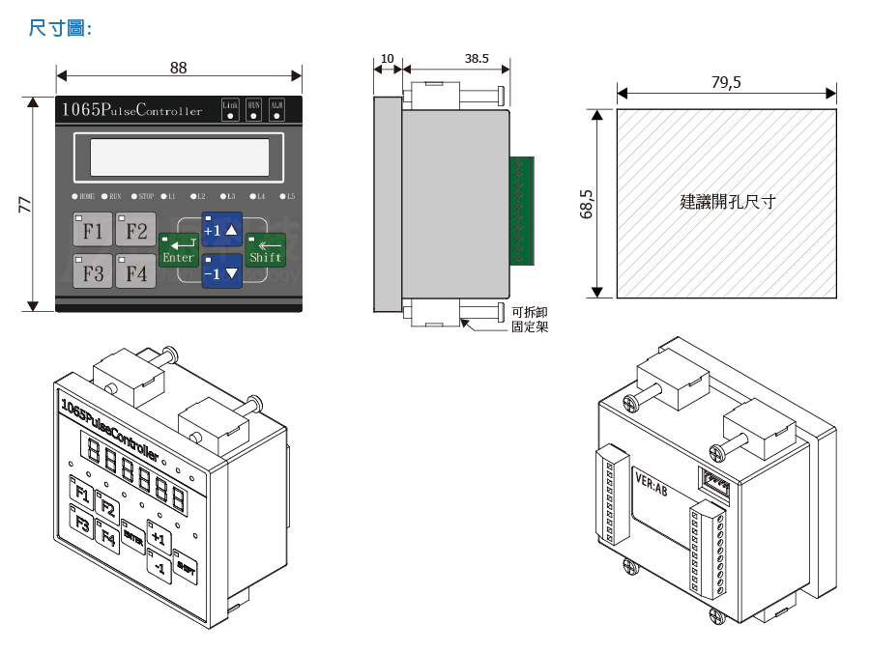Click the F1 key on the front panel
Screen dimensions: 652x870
pos(93,231)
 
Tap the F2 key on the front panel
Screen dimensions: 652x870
pos(136,231)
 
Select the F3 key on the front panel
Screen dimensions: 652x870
pos(93,272)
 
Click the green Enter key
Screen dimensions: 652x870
pos(179,250)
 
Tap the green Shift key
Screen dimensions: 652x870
pos(265,250)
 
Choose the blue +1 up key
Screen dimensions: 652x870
pos(221,230)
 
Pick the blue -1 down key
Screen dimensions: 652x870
pos(221,272)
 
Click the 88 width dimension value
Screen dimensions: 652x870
pos(178,68)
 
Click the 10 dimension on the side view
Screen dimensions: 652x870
pos(388,59)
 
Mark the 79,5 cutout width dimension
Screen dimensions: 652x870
pos(726,83)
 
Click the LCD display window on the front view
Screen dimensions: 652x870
pos(179,156)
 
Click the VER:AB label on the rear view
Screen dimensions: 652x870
pos(651,483)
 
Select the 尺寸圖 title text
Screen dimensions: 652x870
pos(60,28)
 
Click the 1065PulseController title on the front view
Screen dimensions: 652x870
pos(131,110)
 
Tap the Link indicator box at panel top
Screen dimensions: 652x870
pos(230,109)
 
